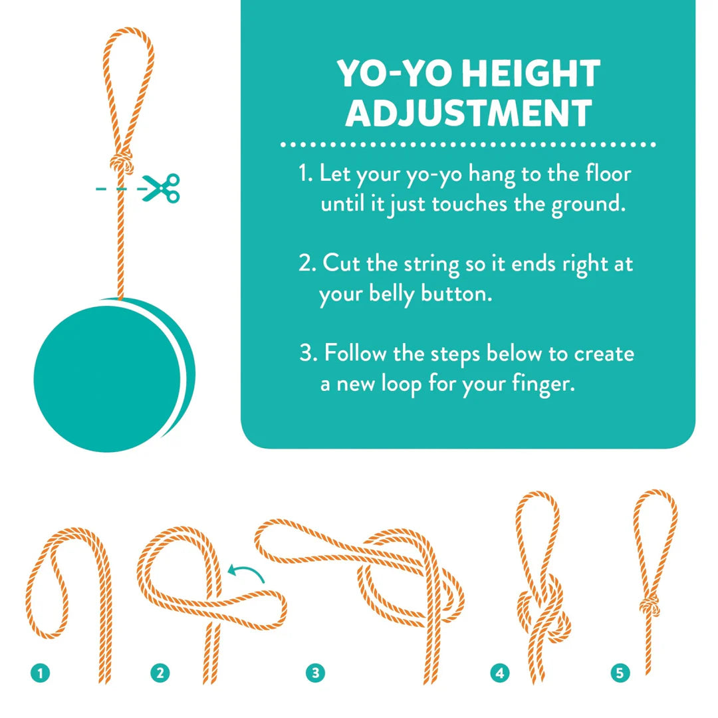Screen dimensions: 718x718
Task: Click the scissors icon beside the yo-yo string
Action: tap(162, 187)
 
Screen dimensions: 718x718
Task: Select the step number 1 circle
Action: tap(41, 673)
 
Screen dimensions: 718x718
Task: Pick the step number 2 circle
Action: tap(160, 673)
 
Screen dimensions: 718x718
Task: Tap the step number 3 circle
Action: tap(315, 673)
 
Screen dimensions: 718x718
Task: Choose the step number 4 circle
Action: tap(500, 673)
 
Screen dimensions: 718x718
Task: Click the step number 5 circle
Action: tap(620, 673)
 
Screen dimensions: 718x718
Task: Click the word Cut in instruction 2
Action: tap(342, 264)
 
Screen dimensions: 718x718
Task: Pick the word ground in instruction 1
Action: tap(588, 203)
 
